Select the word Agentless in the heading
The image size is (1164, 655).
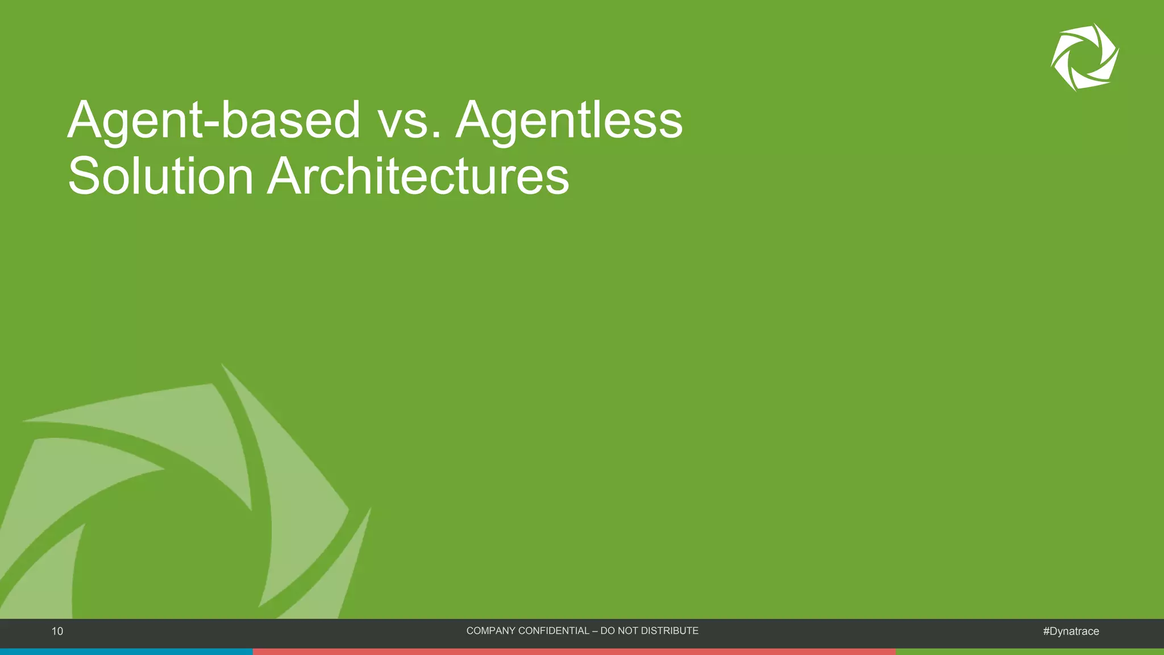click(569, 121)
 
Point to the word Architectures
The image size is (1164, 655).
click(418, 176)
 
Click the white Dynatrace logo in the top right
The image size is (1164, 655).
click(1084, 57)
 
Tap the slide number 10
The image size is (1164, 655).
click(57, 631)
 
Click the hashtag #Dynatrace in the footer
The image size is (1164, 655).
click(1071, 631)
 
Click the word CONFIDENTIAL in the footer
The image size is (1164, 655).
click(554, 631)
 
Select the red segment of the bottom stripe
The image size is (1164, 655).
click(574, 652)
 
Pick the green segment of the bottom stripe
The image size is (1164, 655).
click(1029, 652)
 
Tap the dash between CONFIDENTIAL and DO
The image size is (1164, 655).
click(595, 631)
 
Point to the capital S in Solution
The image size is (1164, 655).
click(85, 176)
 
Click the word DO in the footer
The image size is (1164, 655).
click(609, 631)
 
